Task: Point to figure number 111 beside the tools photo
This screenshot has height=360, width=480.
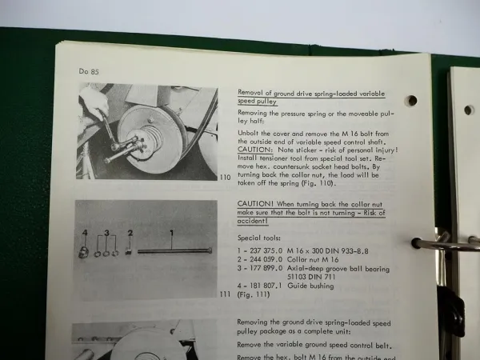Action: [226, 295]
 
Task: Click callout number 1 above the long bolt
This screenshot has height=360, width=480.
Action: [170, 231]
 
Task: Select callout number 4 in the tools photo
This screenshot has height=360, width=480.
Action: [83, 233]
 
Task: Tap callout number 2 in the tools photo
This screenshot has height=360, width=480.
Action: [130, 234]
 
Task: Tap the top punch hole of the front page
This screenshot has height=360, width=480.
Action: [410, 101]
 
